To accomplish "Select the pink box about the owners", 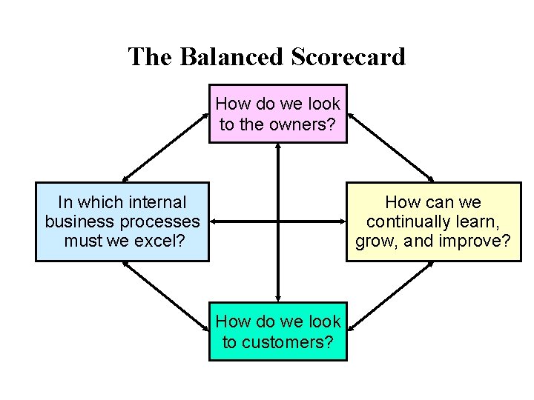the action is [278, 113].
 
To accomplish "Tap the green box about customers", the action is [278, 331].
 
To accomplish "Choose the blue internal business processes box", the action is [122, 221].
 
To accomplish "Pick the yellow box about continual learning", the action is [434, 221].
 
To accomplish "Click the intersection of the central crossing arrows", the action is [278, 221].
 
